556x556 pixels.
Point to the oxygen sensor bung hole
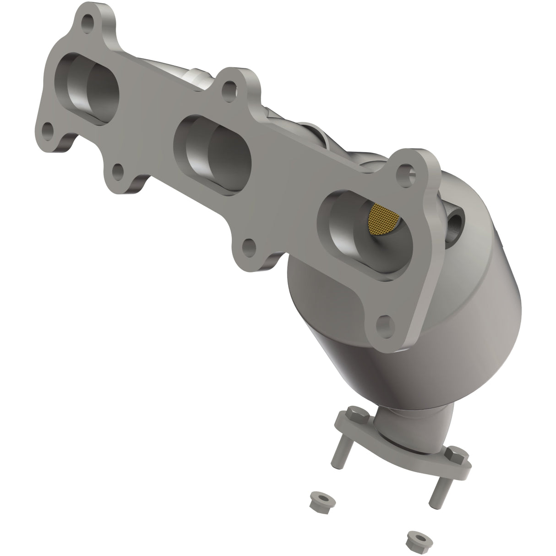(x=455, y=224)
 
